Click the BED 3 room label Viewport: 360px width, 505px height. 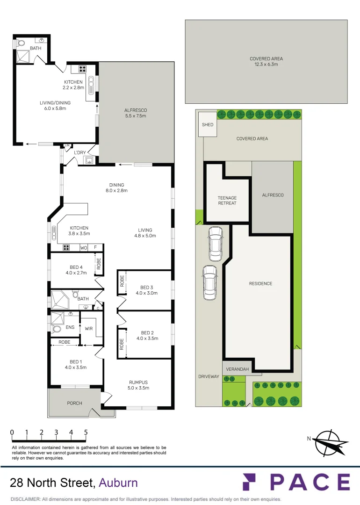click(x=146, y=290)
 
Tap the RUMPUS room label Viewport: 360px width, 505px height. click(x=138, y=385)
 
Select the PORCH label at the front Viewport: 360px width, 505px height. click(x=74, y=403)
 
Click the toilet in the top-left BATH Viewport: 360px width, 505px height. click(x=22, y=43)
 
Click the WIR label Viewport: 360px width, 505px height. click(x=89, y=329)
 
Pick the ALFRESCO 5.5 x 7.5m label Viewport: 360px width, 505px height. click(x=136, y=113)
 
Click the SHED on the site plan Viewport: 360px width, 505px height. click(x=208, y=125)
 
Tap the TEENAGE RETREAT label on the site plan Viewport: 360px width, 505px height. click(x=227, y=201)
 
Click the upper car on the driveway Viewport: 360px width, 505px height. click(x=215, y=244)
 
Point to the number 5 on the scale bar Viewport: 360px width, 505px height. click(x=86, y=433)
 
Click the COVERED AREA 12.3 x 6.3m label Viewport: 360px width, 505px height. click(x=266, y=62)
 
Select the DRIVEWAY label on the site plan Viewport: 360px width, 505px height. click(x=208, y=376)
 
